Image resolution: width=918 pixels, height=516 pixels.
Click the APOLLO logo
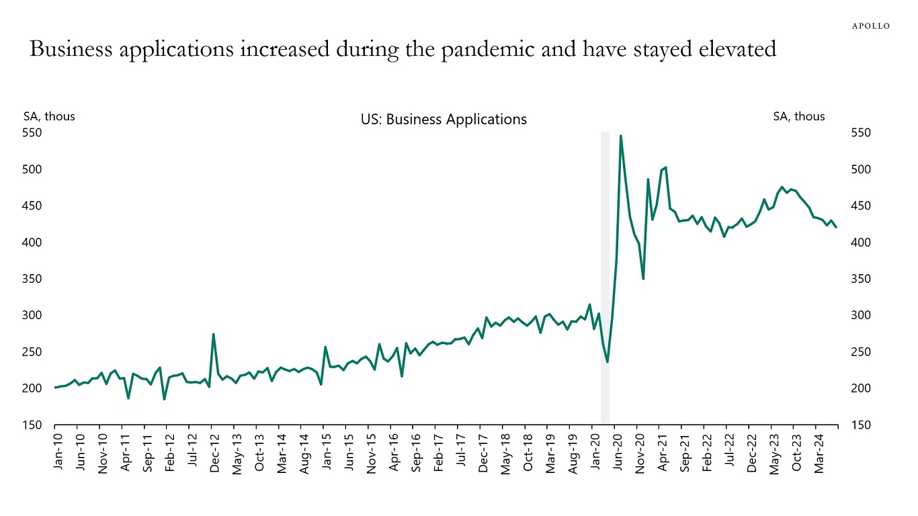[x=870, y=26]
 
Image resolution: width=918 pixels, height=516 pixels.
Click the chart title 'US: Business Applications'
[x=444, y=120]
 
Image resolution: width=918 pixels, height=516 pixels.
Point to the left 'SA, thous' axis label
[x=49, y=116]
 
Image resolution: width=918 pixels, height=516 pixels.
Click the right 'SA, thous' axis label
[x=799, y=116]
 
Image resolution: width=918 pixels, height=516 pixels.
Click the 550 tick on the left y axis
[x=33, y=133]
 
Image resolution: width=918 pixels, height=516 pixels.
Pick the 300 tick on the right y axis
[x=862, y=315]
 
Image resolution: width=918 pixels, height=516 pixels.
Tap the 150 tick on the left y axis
[x=33, y=425]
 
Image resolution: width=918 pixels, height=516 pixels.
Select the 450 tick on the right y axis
[x=862, y=206]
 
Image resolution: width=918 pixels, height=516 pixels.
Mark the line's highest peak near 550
[x=620, y=136]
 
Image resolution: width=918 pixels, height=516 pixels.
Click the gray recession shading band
[x=605, y=269]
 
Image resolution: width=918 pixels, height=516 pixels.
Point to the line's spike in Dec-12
[x=213, y=334]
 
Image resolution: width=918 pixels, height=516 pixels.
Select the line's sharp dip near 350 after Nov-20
[x=643, y=278]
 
